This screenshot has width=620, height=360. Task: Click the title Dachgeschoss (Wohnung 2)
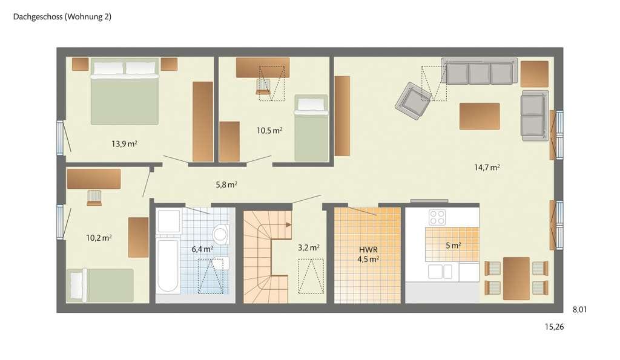pos(62,16)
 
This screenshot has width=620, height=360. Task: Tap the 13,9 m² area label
pos(124,144)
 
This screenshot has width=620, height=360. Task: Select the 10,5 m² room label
pos(269,131)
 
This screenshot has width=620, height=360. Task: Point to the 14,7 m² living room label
pos(487,168)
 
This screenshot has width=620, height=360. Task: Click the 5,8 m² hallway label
pos(226,185)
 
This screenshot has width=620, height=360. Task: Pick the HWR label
pos(368,250)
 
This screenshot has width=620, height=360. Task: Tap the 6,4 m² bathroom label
pos(202,249)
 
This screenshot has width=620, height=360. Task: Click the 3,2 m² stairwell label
pos(308,248)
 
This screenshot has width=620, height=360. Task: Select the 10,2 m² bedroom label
pos(99,238)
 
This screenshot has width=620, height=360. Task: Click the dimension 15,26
pos(555,327)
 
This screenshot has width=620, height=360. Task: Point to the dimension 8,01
pos(579,310)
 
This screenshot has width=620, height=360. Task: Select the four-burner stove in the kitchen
pos(437,217)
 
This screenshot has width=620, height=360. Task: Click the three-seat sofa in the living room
pos(480,71)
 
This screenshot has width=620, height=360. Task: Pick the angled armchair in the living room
pos(413,101)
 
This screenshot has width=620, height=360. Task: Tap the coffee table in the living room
pos(480,116)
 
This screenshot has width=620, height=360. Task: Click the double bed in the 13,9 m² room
pos(125,91)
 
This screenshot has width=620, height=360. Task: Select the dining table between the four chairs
pos(516,278)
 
